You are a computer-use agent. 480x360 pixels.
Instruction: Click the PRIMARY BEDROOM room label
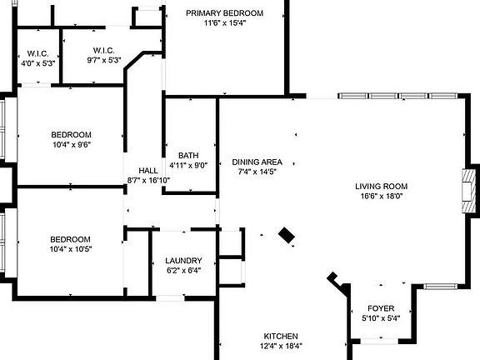click(224, 13)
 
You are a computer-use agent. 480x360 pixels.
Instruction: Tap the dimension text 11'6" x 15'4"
click(225, 23)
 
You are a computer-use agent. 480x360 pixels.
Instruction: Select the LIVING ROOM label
click(381, 186)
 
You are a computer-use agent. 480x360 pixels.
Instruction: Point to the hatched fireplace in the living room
click(469, 191)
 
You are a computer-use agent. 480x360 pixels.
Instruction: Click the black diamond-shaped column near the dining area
click(287, 235)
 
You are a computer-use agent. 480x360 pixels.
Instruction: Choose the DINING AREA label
click(257, 162)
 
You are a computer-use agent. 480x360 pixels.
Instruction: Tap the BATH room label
click(188, 156)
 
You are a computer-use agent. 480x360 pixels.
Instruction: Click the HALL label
click(148, 171)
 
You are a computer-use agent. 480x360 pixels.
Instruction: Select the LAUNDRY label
click(183, 261)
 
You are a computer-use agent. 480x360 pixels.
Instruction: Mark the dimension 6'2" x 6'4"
click(183, 270)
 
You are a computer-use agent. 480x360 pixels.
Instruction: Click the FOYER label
click(381, 308)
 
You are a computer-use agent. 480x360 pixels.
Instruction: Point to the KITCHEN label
click(281, 336)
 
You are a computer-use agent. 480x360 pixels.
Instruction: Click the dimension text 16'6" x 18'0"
click(381, 196)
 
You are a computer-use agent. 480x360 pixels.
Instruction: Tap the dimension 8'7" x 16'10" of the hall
click(148, 180)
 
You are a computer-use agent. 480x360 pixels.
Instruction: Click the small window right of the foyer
click(440, 287)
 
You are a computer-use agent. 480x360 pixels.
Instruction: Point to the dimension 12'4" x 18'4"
click(281, 346)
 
